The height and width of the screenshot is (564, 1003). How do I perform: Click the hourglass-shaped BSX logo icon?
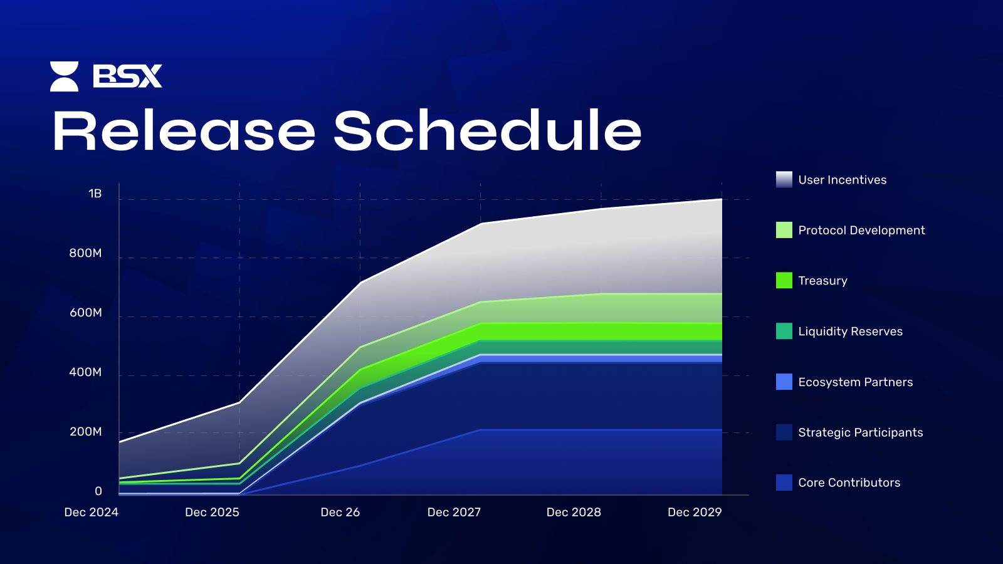(x=64, y=76)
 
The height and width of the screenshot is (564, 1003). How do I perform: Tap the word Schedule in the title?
(x=488, y=130)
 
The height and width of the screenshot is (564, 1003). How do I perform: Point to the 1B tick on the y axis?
(x=95, y=194)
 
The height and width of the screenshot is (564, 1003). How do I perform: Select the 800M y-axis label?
(x=85, y=253)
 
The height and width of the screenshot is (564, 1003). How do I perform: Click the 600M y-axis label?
(x=85, y=313)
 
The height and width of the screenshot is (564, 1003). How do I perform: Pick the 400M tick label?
(x=85, y=372)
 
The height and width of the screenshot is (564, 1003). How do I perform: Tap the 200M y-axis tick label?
(x=85, y=432)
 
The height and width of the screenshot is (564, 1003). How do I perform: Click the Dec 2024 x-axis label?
(x=92, y=512)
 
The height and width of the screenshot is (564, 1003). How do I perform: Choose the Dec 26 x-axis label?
(x=340, y=512)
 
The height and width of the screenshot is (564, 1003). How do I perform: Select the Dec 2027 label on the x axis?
(x=454, y=512)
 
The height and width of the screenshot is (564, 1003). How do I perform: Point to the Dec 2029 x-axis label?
(x=695, y=512)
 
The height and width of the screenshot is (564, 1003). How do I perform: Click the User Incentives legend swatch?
(x=784, y=179)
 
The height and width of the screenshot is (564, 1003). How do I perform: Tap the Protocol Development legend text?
(x=861, y=230)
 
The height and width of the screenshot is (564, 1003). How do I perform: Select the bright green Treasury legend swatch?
(x=784, y=280)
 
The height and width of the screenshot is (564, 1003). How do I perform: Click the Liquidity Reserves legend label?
(x=850, y=332)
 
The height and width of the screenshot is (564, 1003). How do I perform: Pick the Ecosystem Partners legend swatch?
(x=784, y=382)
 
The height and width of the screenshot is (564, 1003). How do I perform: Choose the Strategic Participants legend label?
(x=861, y=432)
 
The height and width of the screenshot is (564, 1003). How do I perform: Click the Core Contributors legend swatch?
(x=784, y=483)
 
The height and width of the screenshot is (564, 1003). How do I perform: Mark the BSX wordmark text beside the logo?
(x=128, y=76)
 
